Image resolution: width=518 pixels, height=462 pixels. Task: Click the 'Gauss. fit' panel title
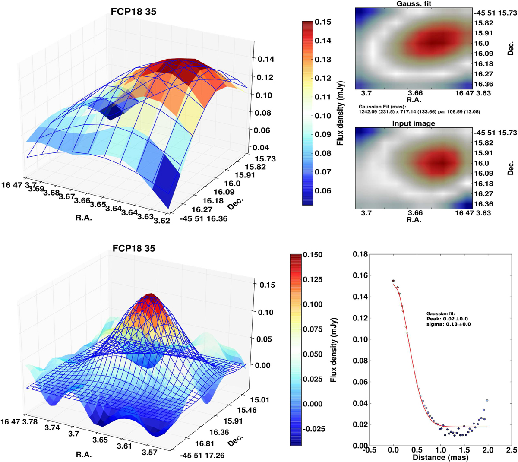[414, 3]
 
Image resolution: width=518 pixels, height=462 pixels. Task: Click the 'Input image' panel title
[414, 123]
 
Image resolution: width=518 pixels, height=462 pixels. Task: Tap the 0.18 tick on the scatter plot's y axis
[360, 255]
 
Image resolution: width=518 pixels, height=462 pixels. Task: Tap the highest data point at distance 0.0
[393, 281]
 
